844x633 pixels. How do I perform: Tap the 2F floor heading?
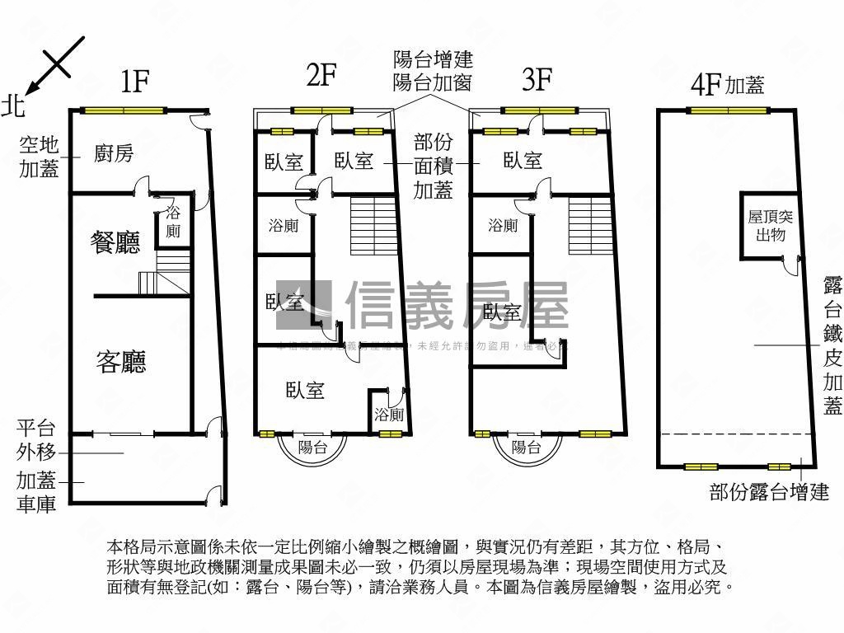321,76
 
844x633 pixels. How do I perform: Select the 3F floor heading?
537,79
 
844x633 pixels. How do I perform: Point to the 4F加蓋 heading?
728,85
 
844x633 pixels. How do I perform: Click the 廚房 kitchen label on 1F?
114,153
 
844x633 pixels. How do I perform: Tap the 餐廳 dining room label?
115,241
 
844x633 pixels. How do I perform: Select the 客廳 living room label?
121,362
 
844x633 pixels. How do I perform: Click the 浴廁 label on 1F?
173,221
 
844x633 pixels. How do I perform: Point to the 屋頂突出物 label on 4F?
770,225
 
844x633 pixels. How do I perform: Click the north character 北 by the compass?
13,105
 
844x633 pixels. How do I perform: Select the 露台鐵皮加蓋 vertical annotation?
832,345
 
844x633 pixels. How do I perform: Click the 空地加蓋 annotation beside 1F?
39,157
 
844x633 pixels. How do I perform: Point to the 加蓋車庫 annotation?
35,492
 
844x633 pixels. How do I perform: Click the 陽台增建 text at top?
433,59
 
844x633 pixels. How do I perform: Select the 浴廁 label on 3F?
503,225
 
